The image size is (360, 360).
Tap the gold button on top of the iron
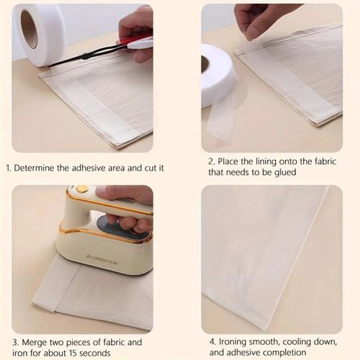(84, 189)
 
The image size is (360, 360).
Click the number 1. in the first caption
(9, 168)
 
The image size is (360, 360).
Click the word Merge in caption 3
(31, 342)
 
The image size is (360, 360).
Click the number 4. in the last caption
(212, 342)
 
